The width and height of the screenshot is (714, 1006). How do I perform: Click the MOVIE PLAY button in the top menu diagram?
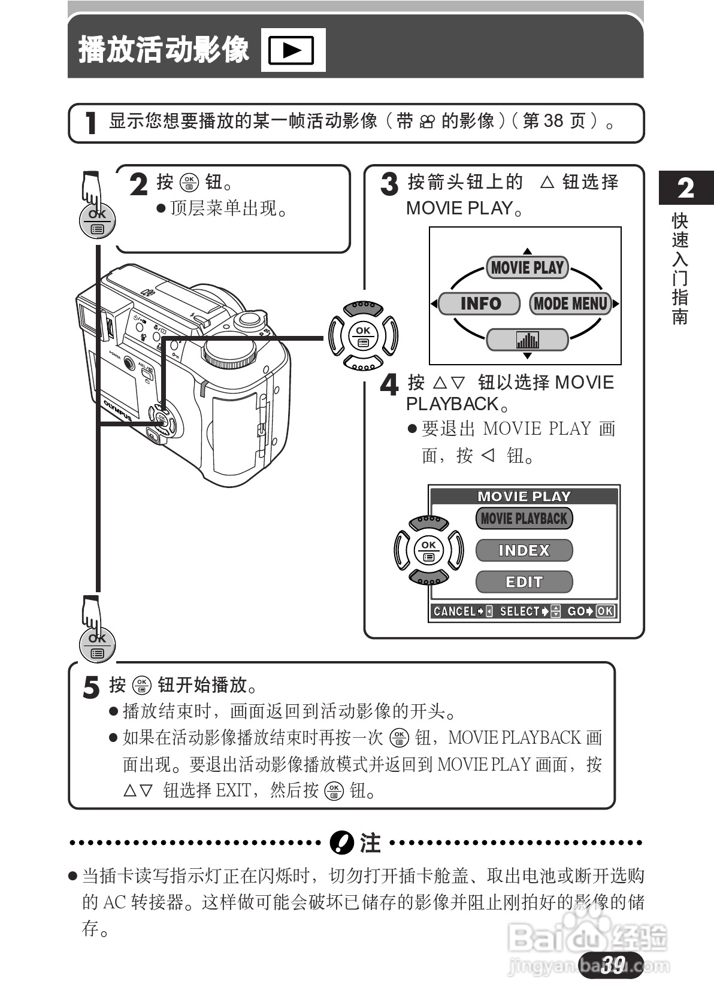point(527,268)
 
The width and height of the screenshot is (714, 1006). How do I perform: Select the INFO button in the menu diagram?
point(479,304)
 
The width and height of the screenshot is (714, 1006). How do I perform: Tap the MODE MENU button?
point(570,304)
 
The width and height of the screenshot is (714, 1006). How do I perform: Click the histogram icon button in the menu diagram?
point(527,340)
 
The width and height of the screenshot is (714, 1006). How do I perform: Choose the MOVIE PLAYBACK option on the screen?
point(524,519)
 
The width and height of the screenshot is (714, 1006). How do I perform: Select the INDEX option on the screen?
point(524,550)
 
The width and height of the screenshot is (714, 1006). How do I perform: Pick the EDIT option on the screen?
point(524,582)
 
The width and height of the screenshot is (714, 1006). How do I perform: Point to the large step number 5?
point(91,687)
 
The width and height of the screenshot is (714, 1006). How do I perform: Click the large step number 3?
point(389,184)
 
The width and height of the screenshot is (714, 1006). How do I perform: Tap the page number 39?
point(612,964)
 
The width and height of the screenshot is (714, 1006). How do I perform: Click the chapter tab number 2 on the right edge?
point(686,188)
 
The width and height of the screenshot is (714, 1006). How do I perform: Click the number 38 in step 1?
point(553,121)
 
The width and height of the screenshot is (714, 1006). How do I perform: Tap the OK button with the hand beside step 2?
point(97,222)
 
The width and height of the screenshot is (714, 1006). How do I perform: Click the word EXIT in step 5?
point(233,790)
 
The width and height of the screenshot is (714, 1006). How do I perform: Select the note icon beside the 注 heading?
point(342,843)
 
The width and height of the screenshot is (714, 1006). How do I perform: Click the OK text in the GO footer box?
point(606,611)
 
